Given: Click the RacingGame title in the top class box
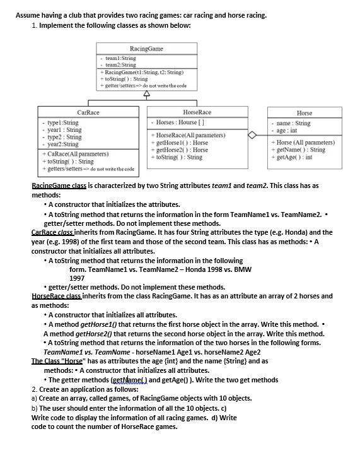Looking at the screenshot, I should tap(146, 49).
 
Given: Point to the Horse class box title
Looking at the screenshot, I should tap(304, 113).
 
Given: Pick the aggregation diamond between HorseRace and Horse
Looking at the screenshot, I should tap(252, 134).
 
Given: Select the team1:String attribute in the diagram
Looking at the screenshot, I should tap(120, 58).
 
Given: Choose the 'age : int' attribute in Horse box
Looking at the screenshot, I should tap(291, 131).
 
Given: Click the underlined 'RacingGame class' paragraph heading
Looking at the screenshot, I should tap(59, 185).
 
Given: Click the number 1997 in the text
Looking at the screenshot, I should tap(77, 278).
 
